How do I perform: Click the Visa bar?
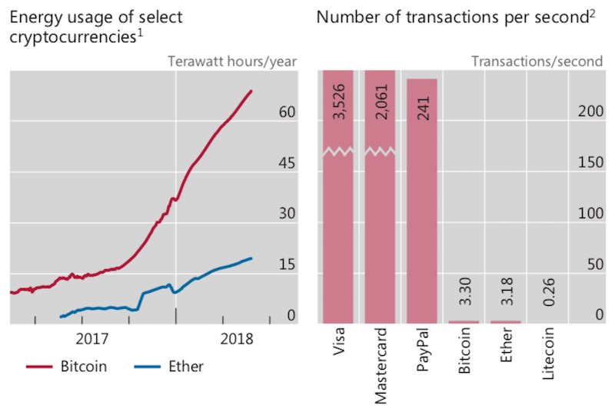337,231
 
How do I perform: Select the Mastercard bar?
380,231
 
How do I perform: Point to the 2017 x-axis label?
92,338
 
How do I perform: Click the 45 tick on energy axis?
287,163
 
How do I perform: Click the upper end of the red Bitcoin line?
251,91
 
